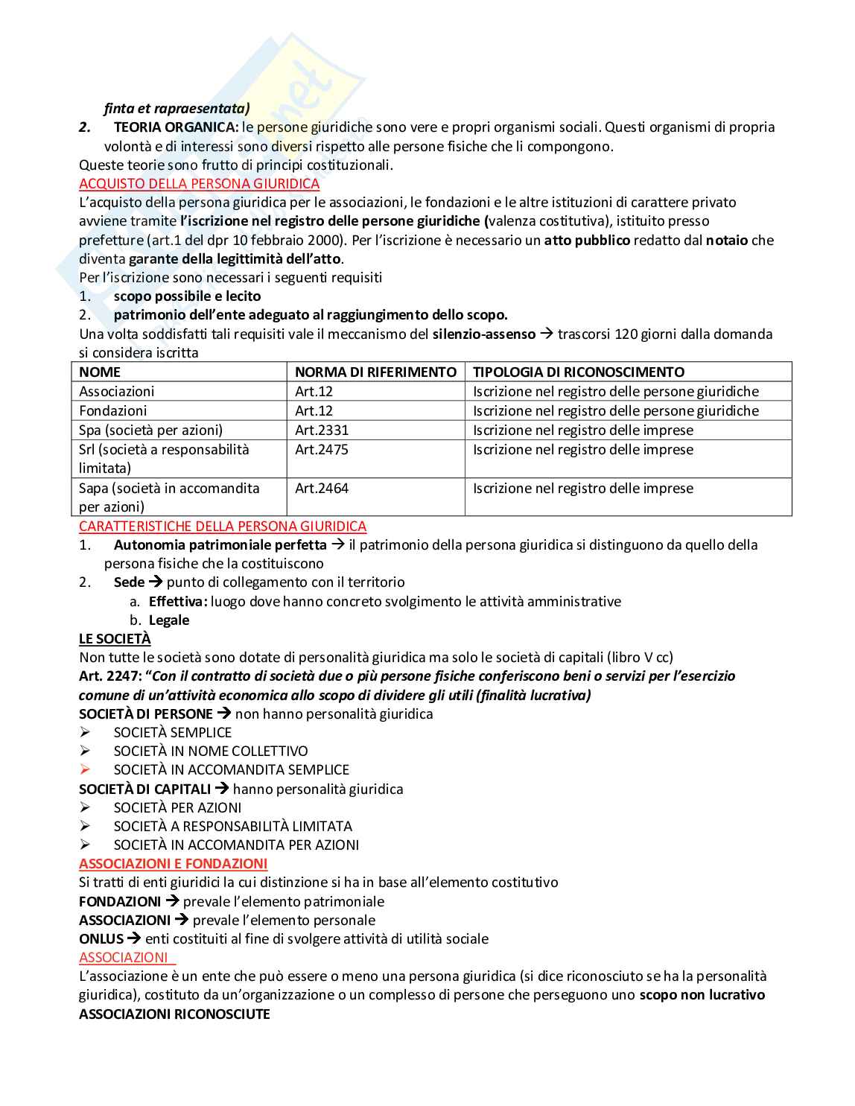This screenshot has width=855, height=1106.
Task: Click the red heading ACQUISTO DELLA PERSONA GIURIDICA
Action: click(199, 184)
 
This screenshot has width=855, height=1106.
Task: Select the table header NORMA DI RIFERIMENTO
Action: click(375, 372)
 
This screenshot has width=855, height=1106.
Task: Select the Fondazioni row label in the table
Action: click(113, 410)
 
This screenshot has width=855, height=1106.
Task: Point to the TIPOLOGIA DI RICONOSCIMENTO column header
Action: click(579, 372)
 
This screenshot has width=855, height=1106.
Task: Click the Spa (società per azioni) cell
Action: click(150, 430)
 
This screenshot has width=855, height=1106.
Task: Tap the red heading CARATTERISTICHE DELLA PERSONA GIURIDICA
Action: click(223, 527)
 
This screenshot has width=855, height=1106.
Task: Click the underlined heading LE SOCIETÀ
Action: click(115, 638)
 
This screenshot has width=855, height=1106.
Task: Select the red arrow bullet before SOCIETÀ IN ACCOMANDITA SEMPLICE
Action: click(85, 769)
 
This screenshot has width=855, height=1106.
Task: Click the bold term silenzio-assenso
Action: click(483, 334)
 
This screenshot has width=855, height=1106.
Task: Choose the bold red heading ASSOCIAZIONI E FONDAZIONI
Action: click(173, 863)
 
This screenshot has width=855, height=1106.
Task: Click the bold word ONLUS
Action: click(101, 938)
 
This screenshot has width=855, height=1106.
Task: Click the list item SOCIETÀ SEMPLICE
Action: click(173, 732)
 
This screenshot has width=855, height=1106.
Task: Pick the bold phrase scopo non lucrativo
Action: click(702, 994)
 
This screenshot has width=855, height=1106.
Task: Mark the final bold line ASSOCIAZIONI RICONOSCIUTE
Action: click(174, 1014)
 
